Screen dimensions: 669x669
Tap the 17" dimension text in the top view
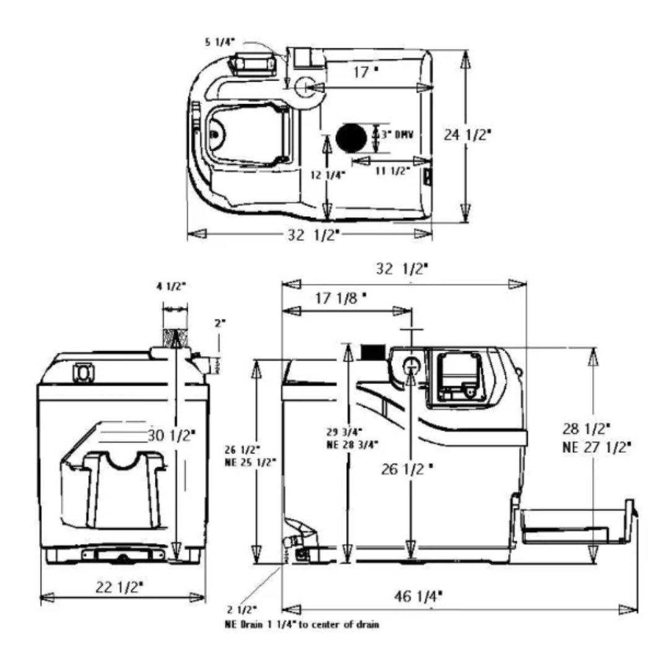(x=365, y=72)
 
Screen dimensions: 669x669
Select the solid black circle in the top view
(x=351, y=137)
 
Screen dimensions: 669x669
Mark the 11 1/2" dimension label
(x=393, y=172)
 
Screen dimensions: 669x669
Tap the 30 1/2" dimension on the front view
(x=171, y=435)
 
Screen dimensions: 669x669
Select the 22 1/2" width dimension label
(x=122, y=585)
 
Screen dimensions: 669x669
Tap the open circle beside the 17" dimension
(x=305, y=88)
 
